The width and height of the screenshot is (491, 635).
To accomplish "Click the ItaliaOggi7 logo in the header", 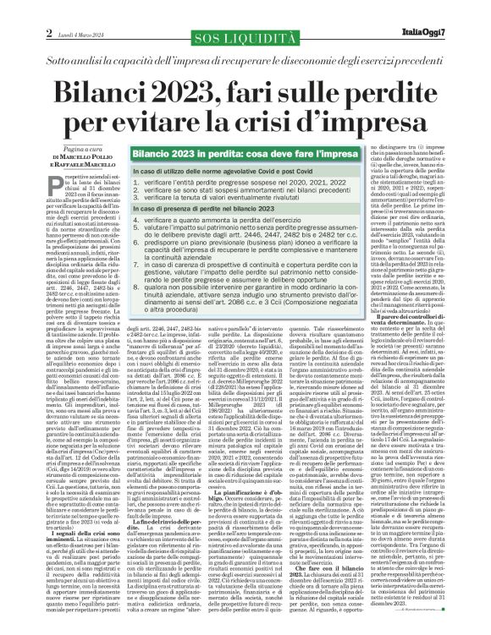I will point(445,32).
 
